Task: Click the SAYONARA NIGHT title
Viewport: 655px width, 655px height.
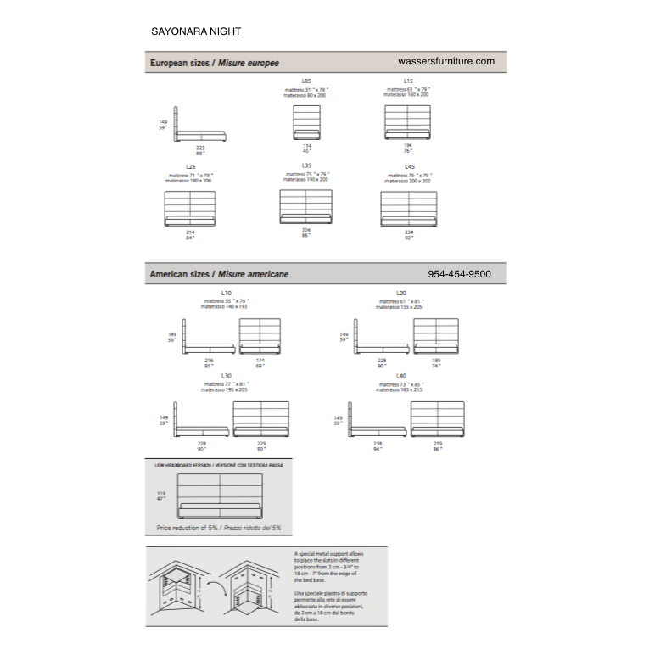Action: tap(195, 31)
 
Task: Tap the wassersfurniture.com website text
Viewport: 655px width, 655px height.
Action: tap(445, 62)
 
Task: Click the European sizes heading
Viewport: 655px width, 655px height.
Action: tap(214, 63)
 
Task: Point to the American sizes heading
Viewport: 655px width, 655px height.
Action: tap(219, 275)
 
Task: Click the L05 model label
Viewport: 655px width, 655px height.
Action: tap(306, 81)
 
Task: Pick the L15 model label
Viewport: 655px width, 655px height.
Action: tap(408, 81)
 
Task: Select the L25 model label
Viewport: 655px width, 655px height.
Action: tap(190, 167)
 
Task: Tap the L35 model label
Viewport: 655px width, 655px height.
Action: tap(306, 166)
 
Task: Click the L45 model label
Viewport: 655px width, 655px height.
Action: tap(409, 167)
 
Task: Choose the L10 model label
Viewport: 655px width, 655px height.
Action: tap(226, 294)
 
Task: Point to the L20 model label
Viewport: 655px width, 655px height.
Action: tap(401, 294)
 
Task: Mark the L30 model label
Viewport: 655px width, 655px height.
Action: tap(226, 375)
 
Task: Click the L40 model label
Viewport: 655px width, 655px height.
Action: tap(401, 375)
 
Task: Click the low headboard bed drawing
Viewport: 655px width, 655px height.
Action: tap(220, 495)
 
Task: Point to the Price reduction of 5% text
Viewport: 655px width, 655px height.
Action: tap(219, 528)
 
